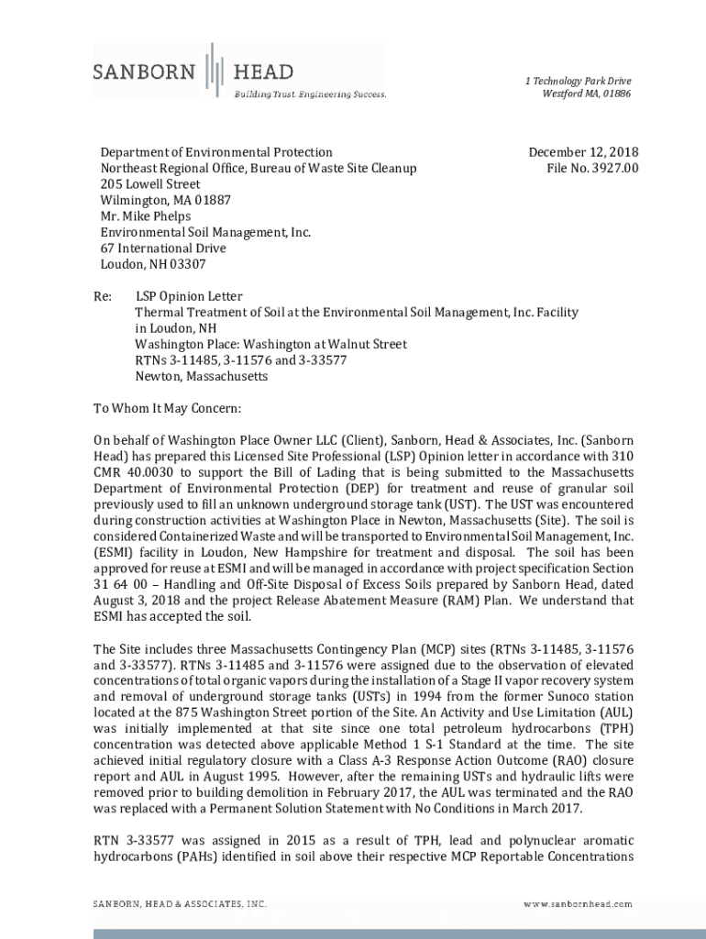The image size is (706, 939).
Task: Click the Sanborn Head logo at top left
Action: tap(193, 70)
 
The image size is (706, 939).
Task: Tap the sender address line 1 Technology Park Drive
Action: tap(578, 82)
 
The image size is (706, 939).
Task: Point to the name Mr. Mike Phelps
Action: tap(145, 216)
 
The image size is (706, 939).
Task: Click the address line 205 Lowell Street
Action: tap(150, 184)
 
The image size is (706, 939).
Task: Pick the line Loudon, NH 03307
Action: tap(153, 264)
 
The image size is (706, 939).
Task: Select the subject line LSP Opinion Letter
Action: tap(189, 297)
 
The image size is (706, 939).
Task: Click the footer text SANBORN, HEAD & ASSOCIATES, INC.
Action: tap(181, 903)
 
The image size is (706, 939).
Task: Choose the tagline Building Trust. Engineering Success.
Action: tap(309, 94)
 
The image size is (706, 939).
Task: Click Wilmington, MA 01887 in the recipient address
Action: tap(165, 200)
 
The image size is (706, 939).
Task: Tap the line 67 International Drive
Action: tap(162, 249)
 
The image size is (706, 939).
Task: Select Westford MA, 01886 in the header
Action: tap(586, 94)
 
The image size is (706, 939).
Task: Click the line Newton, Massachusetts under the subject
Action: tap(202, 376)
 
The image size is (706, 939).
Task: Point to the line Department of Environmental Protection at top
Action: tap(216, 152)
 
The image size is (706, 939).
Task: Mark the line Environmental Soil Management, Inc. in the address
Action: tap(205, 232)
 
